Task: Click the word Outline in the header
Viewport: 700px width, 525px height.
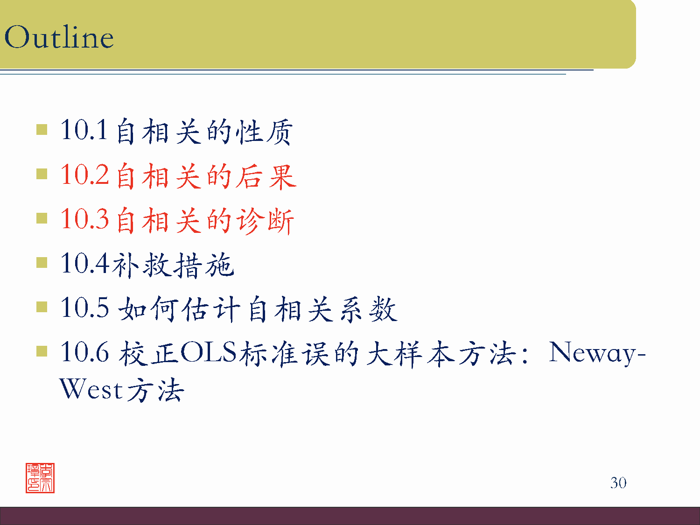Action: point(59,37)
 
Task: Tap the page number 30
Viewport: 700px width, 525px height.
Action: point(618,483)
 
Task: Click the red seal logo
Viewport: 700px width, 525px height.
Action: point(40,478)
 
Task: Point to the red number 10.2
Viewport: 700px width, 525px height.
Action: point(84,175)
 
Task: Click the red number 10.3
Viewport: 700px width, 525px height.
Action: point(84,219)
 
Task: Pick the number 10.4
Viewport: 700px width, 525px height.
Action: point(84,263)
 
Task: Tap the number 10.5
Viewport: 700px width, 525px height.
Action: point(84,308)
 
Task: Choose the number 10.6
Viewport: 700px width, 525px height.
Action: point(84,352)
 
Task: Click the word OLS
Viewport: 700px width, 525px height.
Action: point(209,352)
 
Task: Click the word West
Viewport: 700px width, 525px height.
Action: point(91,389)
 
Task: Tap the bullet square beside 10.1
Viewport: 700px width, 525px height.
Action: point(42,129)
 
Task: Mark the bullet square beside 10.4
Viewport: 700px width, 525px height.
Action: point(42,263)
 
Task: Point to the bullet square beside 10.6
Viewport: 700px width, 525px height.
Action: point(42,351)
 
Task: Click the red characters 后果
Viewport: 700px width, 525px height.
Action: point(266,176)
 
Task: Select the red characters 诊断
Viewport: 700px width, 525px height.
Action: point(265,221)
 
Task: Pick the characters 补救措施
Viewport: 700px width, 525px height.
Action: point(173,265)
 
